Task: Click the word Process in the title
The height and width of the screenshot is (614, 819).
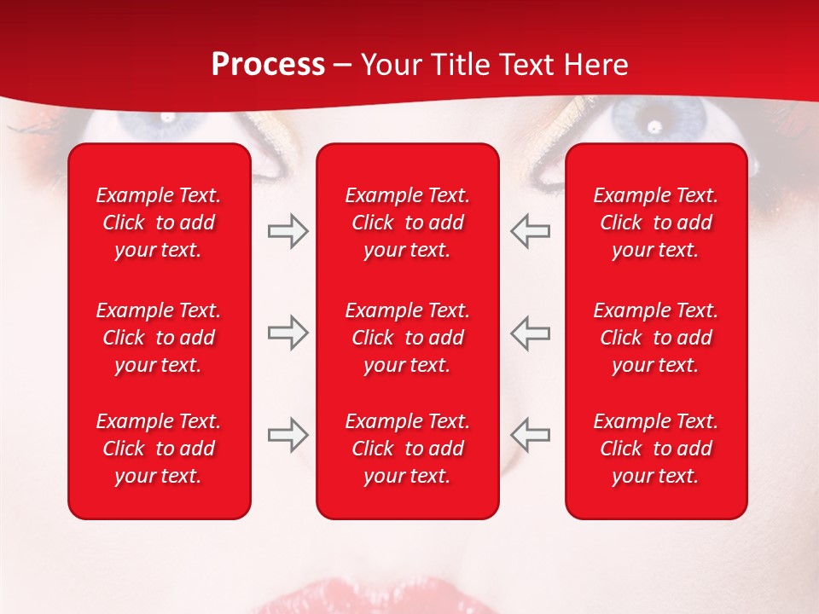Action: tap(268, 65)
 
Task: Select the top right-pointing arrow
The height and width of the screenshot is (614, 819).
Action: tap(288, 231)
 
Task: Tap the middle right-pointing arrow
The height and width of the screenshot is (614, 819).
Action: tap(288, 333)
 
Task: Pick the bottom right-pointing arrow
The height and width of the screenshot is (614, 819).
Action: tap(288, 435)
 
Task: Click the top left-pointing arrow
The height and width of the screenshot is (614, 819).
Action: tap(531, 231)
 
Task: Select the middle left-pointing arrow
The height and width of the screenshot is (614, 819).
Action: tap(531, 333)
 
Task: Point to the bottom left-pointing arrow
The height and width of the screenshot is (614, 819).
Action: tap(531, 435)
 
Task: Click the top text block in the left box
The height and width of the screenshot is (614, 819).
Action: tap(159, 223)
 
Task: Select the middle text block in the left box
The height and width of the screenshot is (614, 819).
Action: tap(159, 338)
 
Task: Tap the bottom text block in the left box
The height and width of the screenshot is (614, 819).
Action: tap(159, 449)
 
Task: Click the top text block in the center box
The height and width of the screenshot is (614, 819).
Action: tap(407, 223)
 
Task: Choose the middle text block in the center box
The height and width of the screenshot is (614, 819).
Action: tap(407, 338)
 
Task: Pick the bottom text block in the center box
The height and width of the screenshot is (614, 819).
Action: tap(407, 449)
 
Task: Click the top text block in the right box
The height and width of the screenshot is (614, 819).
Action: tap(655, 223)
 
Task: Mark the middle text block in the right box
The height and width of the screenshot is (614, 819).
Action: tap(655, 338)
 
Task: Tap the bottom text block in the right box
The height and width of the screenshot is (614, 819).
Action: tap(655, 449)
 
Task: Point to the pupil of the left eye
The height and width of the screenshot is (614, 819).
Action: tap(168, 119)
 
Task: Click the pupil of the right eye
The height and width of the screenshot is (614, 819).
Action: tap(653, 126)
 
